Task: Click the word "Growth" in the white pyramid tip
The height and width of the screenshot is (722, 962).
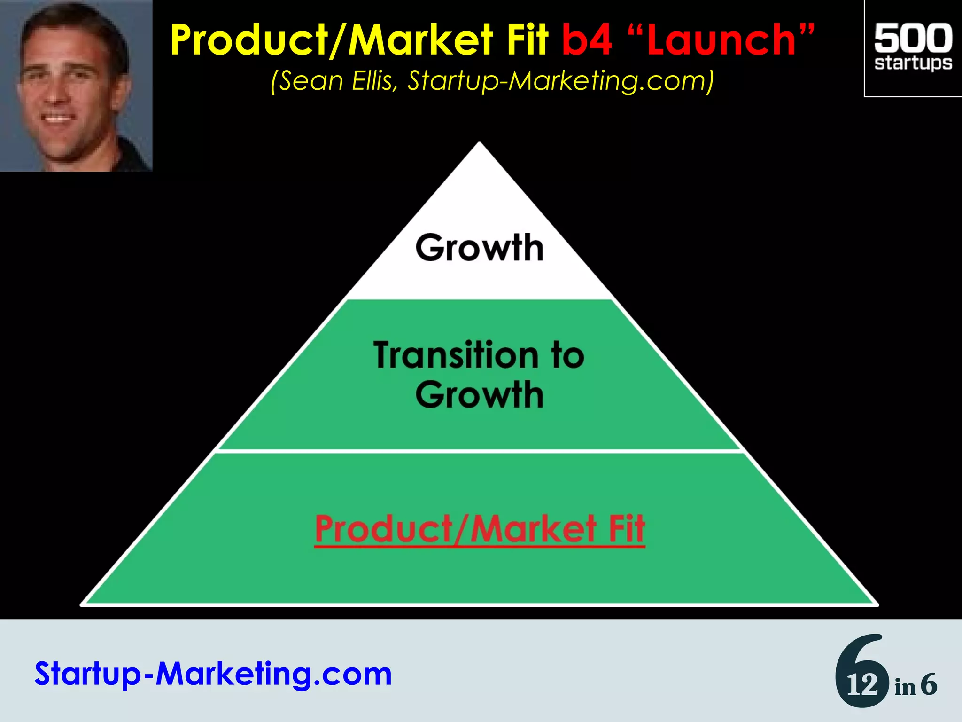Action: (479, 248)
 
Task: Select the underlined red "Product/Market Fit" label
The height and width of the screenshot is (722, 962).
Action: (480, 530)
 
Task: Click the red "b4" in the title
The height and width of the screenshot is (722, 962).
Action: (587, 40)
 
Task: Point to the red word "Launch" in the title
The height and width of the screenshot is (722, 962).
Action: (721, 41)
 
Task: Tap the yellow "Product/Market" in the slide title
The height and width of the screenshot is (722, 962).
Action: (331, 41)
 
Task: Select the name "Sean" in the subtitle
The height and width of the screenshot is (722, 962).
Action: (312, 81)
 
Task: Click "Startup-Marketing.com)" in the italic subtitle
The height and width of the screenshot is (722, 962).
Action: (561, 81)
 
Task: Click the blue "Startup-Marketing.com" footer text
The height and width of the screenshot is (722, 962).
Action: (213, 674)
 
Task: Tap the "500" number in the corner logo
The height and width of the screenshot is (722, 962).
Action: (913, 39)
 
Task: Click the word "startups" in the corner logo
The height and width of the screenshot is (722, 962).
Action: (913, 63)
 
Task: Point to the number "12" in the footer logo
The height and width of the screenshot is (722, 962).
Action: (862, 685)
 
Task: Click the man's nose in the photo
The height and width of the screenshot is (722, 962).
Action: (55, 94)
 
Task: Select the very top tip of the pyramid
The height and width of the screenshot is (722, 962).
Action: (479, 143)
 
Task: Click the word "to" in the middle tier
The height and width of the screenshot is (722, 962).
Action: (567, 355)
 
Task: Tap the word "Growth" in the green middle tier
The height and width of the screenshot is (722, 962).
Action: (479, 395)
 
